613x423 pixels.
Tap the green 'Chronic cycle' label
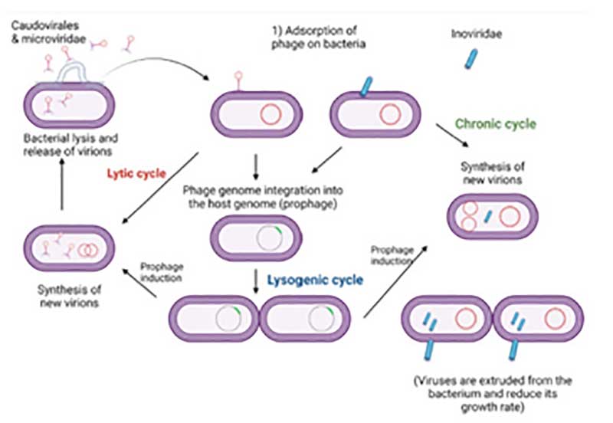pos(495,123)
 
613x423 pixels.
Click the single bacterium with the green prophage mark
pos(255,238)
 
